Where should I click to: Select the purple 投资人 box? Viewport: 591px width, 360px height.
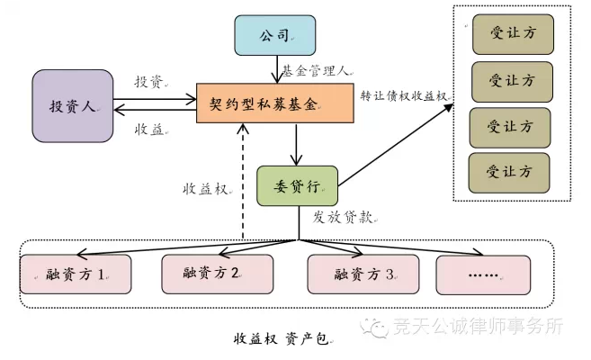(74, 106)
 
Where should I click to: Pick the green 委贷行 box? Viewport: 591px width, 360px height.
(296, 186)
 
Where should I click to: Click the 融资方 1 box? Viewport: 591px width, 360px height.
(76, 274)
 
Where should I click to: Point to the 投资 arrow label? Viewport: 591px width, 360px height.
(149, 82)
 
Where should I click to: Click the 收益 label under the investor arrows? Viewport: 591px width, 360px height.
(149, 129)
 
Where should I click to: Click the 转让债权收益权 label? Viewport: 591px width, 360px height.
(403, 94)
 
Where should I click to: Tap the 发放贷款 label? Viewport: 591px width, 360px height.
(344, 217)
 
